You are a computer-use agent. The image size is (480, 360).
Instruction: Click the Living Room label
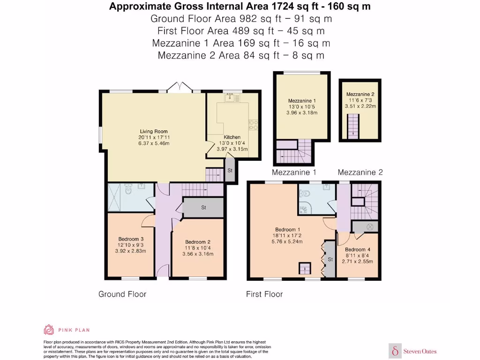[153, 132]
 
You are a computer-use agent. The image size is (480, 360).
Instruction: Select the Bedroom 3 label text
[131, 239]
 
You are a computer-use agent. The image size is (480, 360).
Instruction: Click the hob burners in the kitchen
[254, 124]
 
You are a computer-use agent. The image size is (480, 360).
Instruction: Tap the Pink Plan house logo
[49, 330]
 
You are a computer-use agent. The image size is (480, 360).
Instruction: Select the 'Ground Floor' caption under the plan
[122, 294]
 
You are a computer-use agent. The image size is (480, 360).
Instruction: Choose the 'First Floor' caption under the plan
[264, 294]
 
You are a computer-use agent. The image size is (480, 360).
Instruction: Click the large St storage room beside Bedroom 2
[203, 207]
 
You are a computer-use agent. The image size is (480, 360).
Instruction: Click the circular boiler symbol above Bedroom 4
[370, 226]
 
